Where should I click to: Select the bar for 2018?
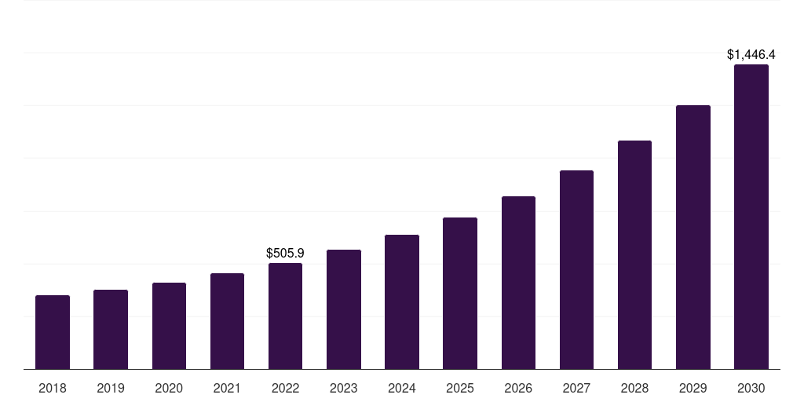click(x=53, y=332)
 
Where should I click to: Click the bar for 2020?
click(x=169, y=326)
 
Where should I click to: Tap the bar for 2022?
click(x=285, y=316)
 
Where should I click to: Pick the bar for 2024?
click(x=402, y=301)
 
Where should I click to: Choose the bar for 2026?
click(x=518, y=283)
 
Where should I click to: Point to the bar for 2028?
click(x=634, y=254)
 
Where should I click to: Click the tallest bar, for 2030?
click(x=751, y=217)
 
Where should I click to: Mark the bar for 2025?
click(x=460, y=293)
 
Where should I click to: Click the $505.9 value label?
click(x=285, y=254)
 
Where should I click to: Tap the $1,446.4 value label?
click(x=751, y=55)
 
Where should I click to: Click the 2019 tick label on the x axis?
click(x=111, y=388)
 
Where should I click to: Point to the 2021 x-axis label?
click(x=227, y=388)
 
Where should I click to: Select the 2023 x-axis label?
click(x=344, y=388)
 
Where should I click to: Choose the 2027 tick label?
click(x=576, y=388)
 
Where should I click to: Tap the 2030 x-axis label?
click(x=751, y=388)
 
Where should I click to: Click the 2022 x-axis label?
click(x=285, y=388)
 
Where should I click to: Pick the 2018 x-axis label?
click(x=53, y=388)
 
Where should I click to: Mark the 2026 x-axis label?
click(x=518, y=388)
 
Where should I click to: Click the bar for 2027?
click(x=576, y=269)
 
